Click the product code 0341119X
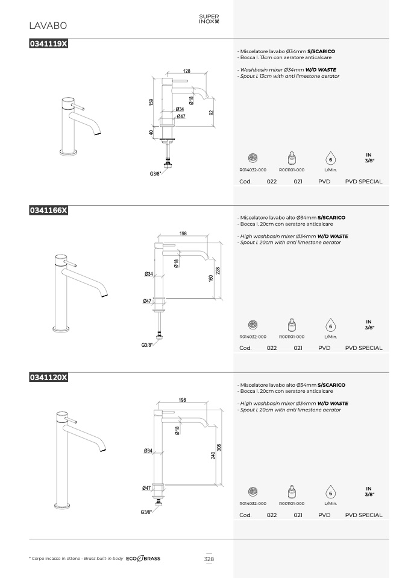pos(48,43)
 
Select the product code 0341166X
pos(48,210)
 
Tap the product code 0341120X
pos(48,377)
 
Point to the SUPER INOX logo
pos(209,19)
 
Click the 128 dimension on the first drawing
pos(187,71)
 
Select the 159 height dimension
pos(151,102)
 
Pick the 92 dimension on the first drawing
pos(212,112)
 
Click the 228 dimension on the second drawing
pos(218,271)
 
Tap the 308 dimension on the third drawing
pos(219,448)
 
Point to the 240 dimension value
pos(213,456)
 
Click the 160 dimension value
pos(211,278)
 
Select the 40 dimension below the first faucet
pos(151,132)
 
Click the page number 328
pos(209,559)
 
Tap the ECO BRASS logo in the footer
pos(143,559)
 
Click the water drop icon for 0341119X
pos(331,159)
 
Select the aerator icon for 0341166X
pos(253,325)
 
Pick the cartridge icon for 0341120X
pos(292,492)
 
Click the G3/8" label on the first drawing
pos(155,174)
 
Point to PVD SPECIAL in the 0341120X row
pos(364,515)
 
